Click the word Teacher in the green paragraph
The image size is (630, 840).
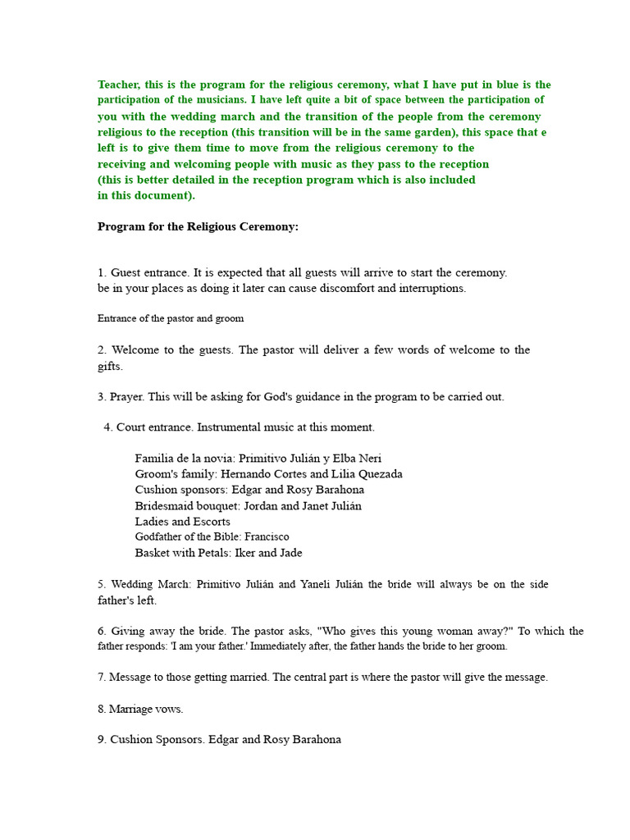pyautogui.click(x=119, y=84)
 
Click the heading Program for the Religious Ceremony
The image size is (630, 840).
pyautogui.click(x=198, y=226)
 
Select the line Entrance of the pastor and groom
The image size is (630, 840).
pyautogui.click(x=171, y=318)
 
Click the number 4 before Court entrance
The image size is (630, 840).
pyautogui.click(x=107, y=427)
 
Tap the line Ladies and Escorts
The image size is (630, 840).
pyautogui.click(x=182, y=522)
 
